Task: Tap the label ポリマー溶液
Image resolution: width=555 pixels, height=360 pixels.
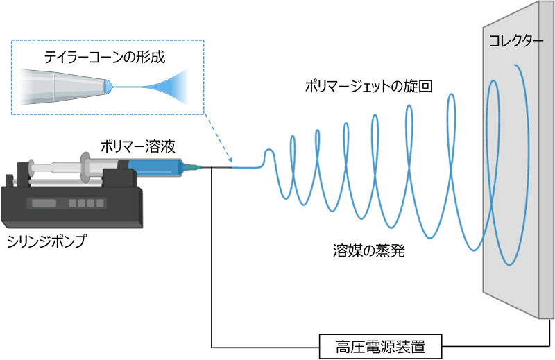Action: pos(137,146)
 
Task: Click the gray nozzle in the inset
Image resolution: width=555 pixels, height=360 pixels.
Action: pos(66,87)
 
